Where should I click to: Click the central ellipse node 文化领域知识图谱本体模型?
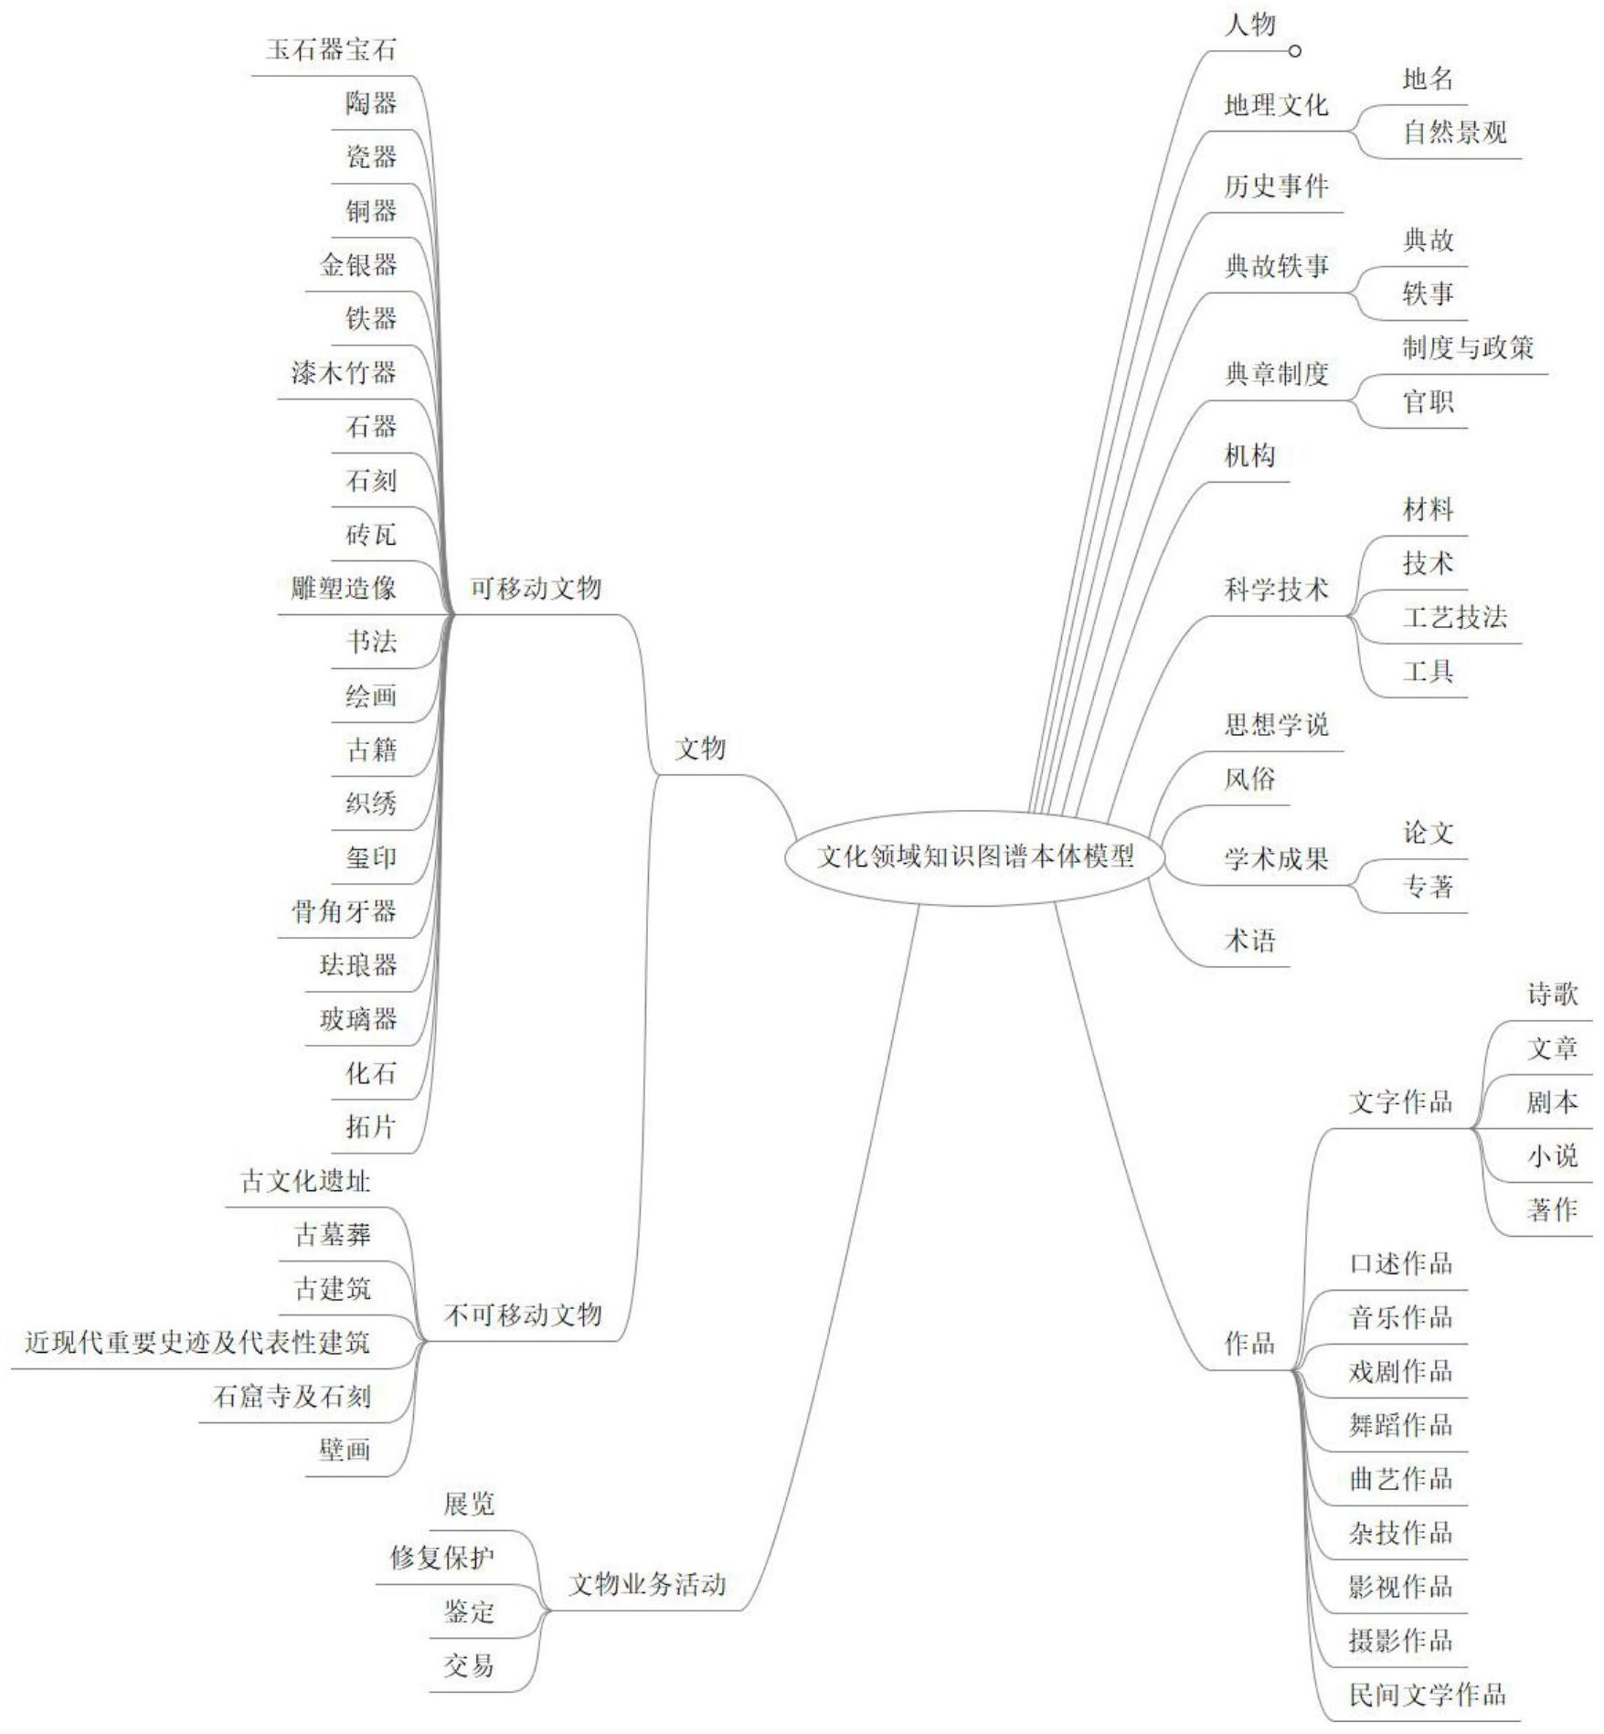point(975,856)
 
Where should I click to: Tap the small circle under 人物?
point(1294,51)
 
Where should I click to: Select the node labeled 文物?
point(700,749)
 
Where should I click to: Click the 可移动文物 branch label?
point(536,588)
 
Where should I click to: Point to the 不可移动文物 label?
point(523,1314)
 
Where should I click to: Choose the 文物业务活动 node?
point(647,1584)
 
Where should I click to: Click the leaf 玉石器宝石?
point(331,49)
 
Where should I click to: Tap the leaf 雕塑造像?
point(344,588)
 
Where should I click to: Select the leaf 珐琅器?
point(358,964)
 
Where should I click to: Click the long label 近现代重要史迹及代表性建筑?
point(197,1342)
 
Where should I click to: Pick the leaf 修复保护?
point(442,1558)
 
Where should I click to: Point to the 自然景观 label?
point(1455,133)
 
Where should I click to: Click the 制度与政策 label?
point(1468,347)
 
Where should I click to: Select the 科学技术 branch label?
point(1276,590)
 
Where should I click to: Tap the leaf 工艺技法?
point(1455,617)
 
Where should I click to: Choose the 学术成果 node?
point(1276,858)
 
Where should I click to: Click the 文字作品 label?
point(1400,1101)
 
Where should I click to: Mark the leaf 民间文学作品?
point(1427,1694)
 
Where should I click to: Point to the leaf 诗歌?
point(1552,994)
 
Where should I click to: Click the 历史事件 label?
point(1276,186)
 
